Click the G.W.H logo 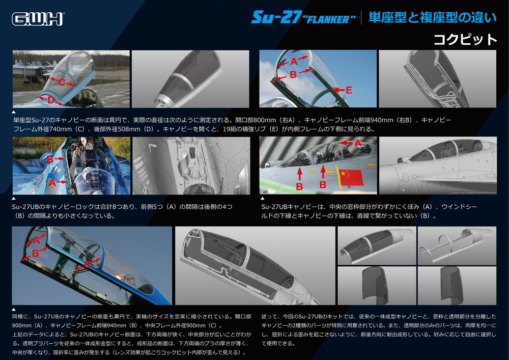(38, 19)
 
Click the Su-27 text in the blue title (276, 17)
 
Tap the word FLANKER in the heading (329, 19)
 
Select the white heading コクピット (465, 40)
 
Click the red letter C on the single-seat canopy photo (62, 82)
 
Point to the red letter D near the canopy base (50, 100)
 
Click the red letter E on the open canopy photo (349, 90)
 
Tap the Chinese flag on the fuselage (350, 178)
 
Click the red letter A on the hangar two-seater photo (358, 143)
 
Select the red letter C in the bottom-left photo (87, 265)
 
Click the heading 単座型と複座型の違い (432, 17)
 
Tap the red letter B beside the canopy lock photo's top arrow (50, 159)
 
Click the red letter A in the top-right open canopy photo (294, 61)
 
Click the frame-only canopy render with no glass (457, 246)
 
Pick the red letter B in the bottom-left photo (36, 253)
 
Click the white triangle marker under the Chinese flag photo (262, 199)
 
